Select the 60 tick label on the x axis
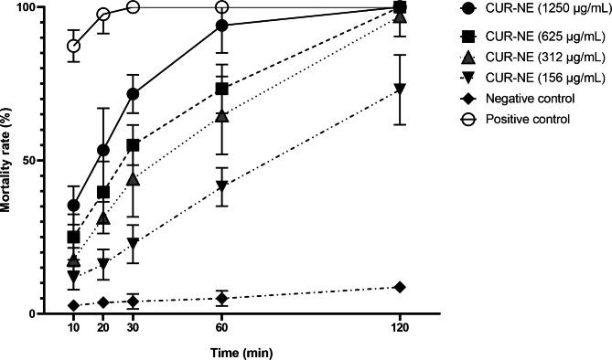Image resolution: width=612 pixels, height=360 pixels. click(221, 327)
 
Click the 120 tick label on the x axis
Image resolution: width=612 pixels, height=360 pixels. click(399, 327)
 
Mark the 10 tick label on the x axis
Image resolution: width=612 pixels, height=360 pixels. click(73, 327)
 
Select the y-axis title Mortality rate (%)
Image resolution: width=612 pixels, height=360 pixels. click(7, 161)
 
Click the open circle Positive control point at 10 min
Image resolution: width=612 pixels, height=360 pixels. click(73, 46)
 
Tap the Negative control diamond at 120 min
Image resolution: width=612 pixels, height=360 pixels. click(399, 287)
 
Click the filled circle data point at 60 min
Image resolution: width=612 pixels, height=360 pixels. click(221, 26)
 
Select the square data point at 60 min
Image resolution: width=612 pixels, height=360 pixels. click(221, 89)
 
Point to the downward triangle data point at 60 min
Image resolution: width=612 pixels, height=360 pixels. click(221, 186)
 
